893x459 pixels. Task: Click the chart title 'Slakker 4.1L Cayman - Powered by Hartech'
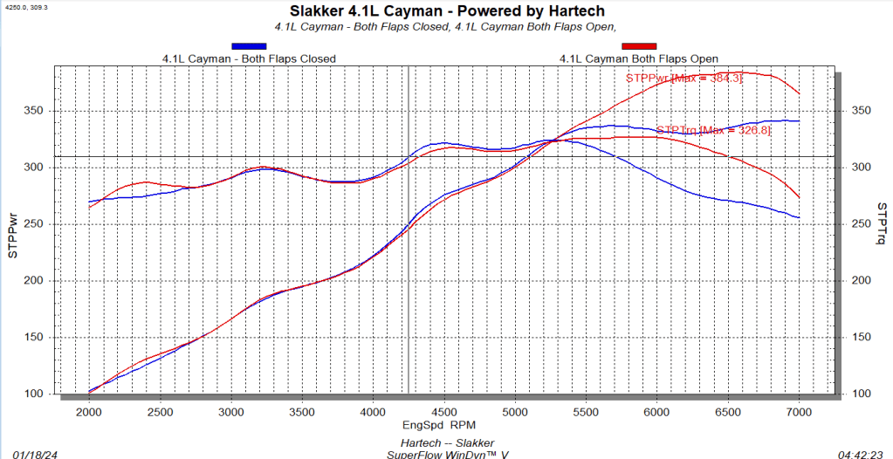pos(446,11)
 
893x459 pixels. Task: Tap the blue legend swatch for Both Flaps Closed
pos(249,46)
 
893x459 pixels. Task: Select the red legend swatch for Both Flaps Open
pos(639,46)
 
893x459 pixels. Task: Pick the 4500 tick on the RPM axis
pos(444,411)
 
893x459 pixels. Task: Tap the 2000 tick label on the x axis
pos(88,411)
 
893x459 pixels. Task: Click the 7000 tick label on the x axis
pos(799,411)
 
